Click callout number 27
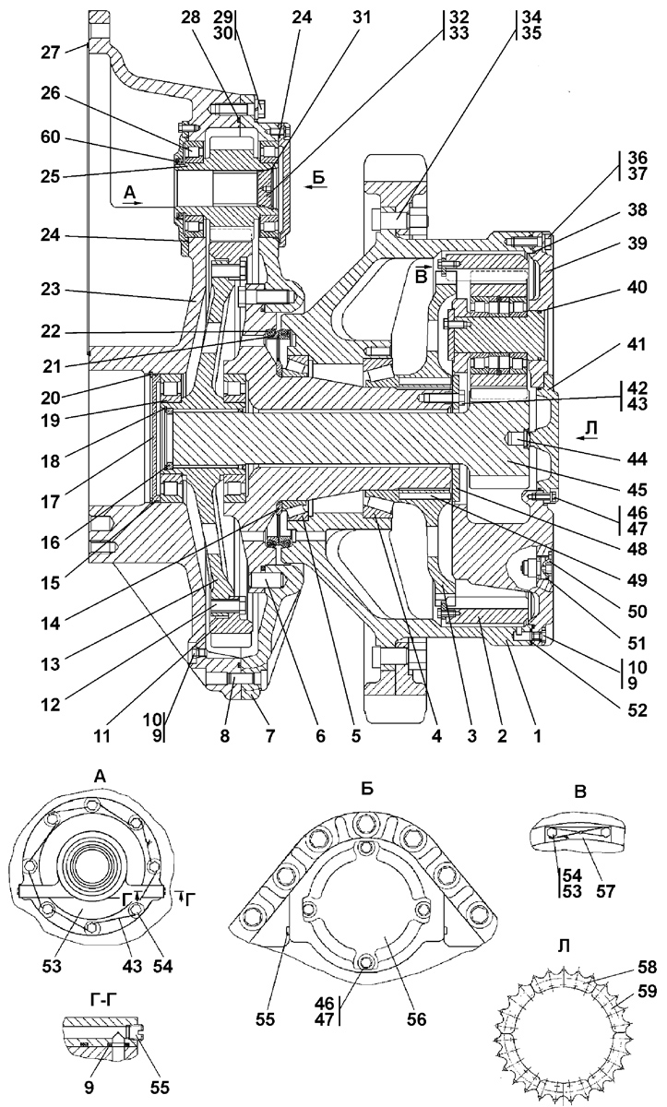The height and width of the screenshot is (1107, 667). click(x=51, y=53)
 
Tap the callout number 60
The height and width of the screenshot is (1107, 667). click(x=51, y=137)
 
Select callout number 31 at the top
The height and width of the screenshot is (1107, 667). click(x=361, y=18)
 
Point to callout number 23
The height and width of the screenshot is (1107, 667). click(x=51, y=289)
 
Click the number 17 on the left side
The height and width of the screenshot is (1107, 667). click(x=51, y=502)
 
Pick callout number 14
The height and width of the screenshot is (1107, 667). click(x=51, y=624)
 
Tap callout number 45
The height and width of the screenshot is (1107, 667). click(x=637, y=490)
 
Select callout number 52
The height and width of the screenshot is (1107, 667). click(x=637, y=710)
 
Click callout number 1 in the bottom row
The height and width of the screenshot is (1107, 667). click(x=537, y=736)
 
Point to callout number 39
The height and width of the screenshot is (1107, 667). click(x=637, y=244)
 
